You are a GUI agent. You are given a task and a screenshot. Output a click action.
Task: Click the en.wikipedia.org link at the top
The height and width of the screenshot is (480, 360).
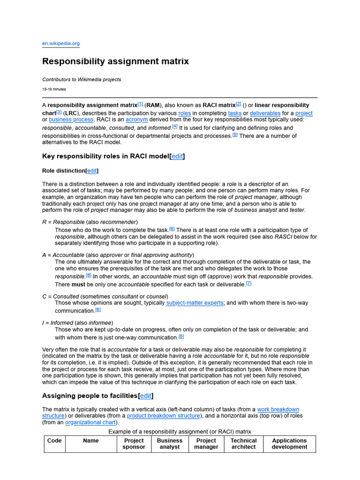coord(61,44)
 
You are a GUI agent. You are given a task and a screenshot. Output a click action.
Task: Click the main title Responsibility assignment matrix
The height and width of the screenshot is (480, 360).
coord(115,61)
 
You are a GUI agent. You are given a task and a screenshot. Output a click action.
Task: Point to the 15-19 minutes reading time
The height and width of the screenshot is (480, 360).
coord(54,89)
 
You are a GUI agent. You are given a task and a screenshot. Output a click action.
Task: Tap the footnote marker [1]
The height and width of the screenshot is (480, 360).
coord(140,104)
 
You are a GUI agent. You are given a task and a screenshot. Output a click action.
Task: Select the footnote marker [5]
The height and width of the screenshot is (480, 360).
coord(235,135)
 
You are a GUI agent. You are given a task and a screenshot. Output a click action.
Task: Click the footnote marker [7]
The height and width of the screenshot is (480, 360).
coord(249,284)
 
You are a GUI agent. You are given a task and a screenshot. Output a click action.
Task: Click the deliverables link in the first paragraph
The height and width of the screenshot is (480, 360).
coord(265,113)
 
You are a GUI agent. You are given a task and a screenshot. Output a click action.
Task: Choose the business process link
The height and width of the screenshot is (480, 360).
coord(71,120)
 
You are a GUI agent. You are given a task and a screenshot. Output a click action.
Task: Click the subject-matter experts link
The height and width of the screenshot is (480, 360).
coord(195,303)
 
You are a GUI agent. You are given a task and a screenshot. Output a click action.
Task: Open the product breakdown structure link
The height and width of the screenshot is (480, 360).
coord(164,416)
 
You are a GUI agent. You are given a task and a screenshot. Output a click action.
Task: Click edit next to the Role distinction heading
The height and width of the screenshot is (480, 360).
coord(92,171)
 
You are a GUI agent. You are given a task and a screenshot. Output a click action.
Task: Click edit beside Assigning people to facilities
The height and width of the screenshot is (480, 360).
coord(146,396)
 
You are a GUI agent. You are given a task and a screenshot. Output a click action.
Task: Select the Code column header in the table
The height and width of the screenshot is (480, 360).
coord(54,441)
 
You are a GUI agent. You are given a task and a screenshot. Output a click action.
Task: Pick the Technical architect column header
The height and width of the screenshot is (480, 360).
coord(243,444)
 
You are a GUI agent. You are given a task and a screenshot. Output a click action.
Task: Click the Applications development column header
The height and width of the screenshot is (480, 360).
coord(289,444)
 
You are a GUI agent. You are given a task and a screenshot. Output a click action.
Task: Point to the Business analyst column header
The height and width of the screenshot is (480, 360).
coord(170,444)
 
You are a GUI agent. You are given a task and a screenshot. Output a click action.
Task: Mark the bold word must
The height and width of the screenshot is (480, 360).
coord(64,285)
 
